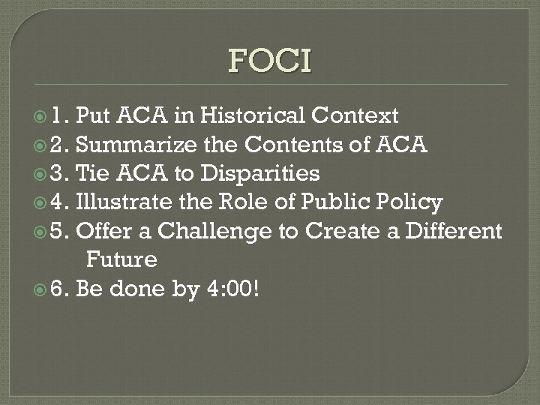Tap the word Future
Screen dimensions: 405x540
pyautogui.click(x=122, y=260)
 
